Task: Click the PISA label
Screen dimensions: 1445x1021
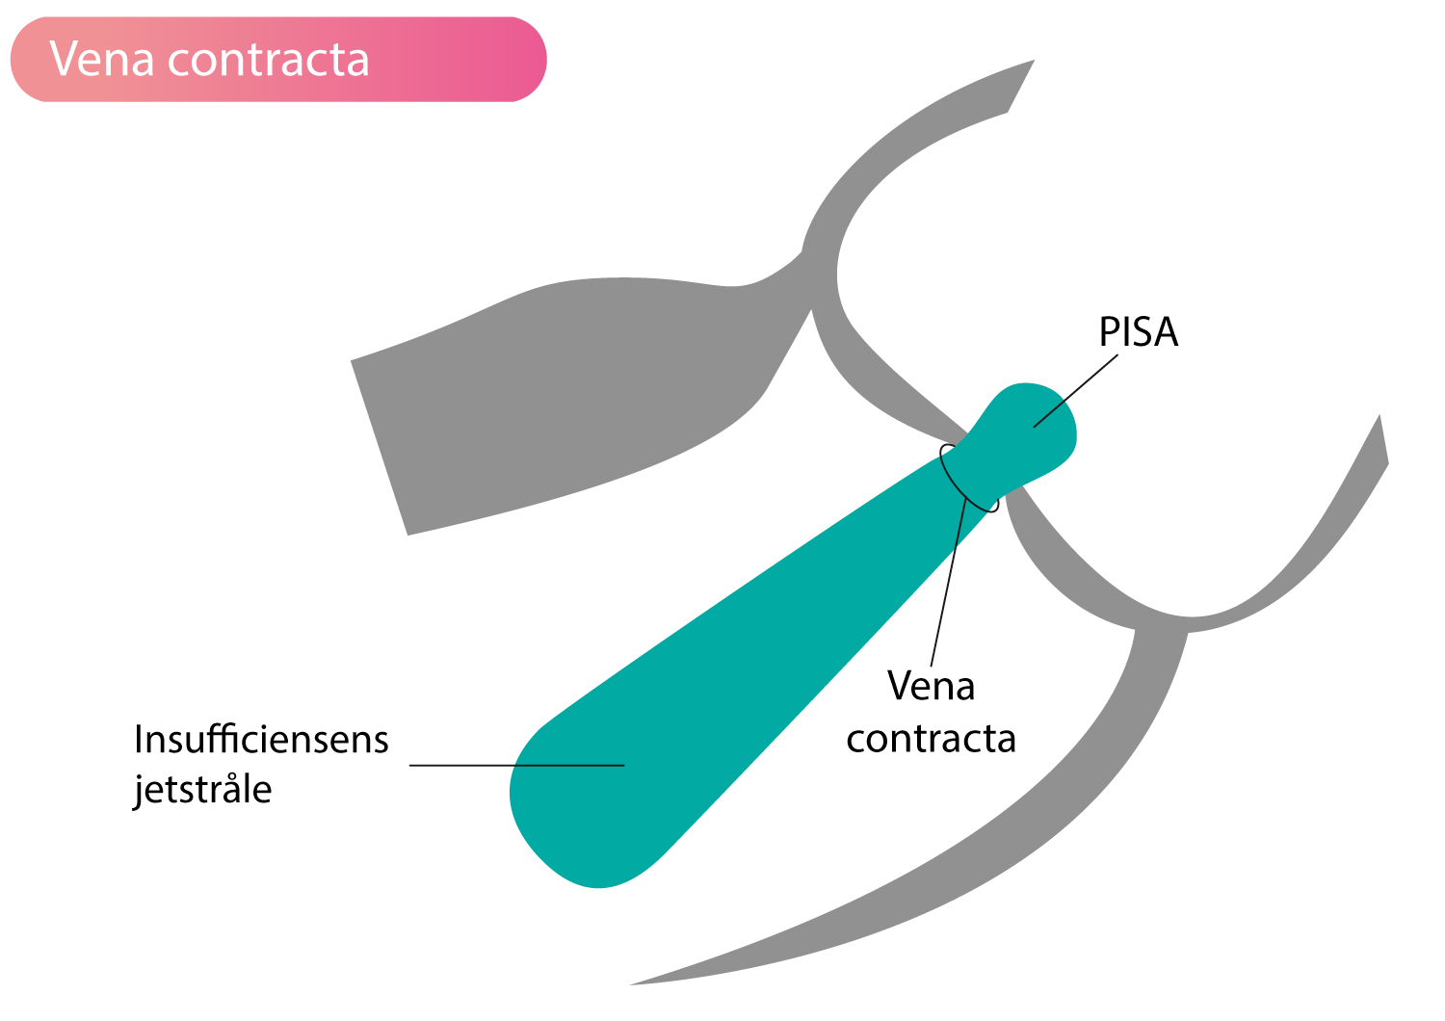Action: [1138, 332]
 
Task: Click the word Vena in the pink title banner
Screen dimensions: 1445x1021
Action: [102, 60]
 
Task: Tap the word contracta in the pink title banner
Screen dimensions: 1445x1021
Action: [269, 61]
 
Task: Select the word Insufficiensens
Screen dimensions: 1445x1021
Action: [261, 739]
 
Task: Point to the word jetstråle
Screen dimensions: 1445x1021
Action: [202, 790]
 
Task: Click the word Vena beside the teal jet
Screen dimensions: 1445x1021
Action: [931, 686]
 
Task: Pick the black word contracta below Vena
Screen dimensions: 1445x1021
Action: [931, 739]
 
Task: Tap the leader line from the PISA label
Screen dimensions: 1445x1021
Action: [1075, 391]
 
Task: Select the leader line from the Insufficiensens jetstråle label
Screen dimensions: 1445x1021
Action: [516, 766]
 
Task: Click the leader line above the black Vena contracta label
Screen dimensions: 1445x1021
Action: [948, 582]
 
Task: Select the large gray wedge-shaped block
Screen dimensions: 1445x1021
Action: [567, 400]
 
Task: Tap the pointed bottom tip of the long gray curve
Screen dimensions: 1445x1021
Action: [630, 985]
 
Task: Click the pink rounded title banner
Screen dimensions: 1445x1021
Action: [278, 60]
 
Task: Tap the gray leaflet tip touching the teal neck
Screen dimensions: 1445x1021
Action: [965, 434]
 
